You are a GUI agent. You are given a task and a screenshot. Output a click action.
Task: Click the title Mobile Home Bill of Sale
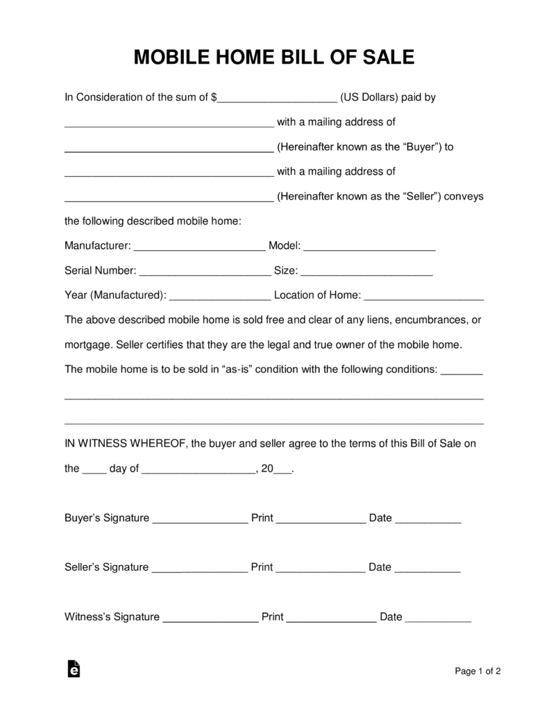coord(274,57)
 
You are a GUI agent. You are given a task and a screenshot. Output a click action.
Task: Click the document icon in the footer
coord(74,669)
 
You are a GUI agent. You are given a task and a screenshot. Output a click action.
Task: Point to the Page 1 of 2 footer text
coord(478,670)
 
